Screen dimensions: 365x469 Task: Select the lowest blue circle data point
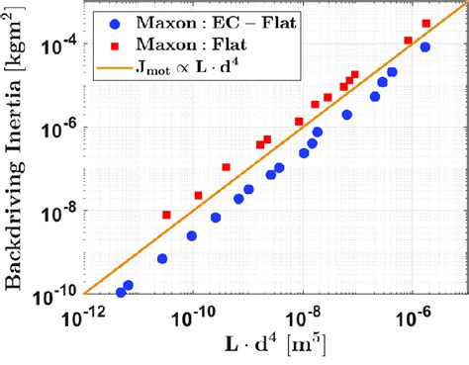[x=121, y=293]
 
